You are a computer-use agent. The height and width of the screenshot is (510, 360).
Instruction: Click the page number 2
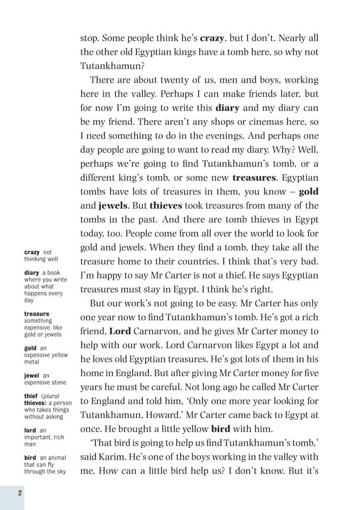point(19,493)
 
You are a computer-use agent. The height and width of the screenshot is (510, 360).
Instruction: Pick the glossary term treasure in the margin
point(36,314)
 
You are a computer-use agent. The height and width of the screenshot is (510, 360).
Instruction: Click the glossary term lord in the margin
point(30,430)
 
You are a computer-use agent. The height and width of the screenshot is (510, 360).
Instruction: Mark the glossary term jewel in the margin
point(32,375)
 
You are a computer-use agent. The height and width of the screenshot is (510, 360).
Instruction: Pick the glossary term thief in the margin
point(31,396)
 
